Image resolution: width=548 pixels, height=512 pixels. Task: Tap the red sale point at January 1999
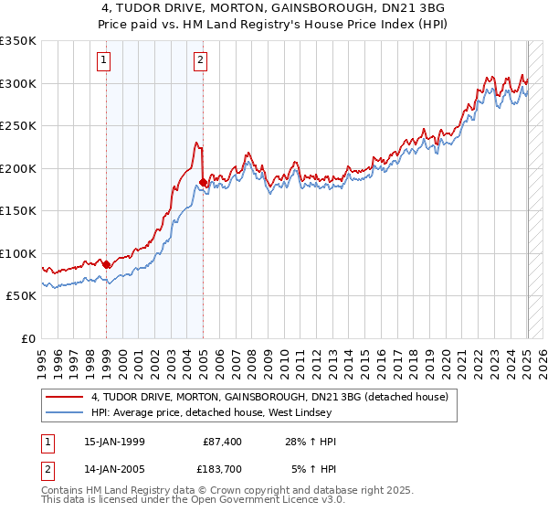[107, 264]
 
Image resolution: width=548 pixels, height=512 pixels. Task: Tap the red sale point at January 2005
[203, 183]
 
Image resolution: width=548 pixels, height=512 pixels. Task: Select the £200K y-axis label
[18, 168]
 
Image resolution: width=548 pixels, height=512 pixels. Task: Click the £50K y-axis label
[22, 296]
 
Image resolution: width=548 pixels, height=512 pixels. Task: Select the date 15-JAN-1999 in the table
[114, 442]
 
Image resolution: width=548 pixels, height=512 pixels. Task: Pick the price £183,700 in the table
[216, 470]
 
